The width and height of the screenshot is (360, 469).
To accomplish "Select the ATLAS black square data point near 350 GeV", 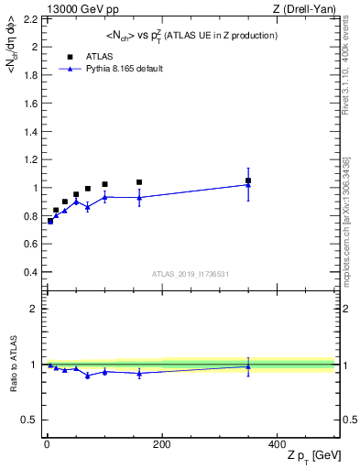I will coord(248,180).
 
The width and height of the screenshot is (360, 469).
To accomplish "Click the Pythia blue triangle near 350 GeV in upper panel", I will coord(248,184).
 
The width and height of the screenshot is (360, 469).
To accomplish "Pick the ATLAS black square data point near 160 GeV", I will coord(139,182).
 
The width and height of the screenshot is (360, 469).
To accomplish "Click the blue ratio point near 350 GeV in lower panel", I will coord(248,366).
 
